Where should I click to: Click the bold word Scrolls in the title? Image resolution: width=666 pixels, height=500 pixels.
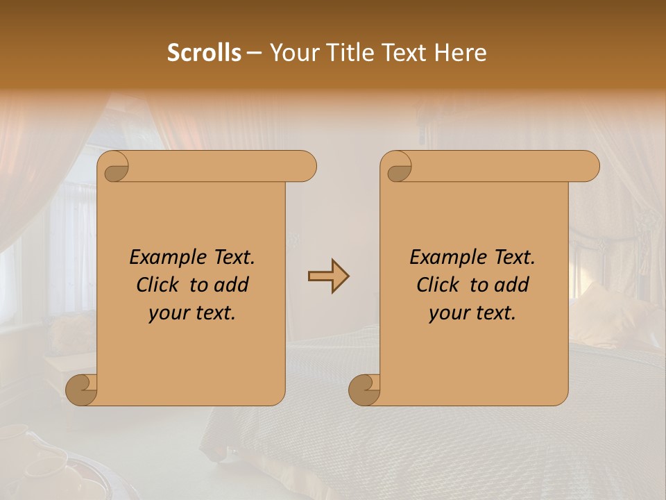[204, 53]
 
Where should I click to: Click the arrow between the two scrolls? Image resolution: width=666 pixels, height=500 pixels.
[328, 276]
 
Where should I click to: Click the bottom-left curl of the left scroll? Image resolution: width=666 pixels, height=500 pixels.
[82, 390]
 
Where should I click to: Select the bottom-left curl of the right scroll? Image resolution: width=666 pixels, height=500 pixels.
[364, 390]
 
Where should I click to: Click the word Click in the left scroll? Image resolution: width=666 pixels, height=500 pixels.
[157, 285]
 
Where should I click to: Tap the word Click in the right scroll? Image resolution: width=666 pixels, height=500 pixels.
[438, 285]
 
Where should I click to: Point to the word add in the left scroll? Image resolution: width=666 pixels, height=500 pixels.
[232, 285]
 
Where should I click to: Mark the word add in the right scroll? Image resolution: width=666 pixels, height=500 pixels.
[513, 285]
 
